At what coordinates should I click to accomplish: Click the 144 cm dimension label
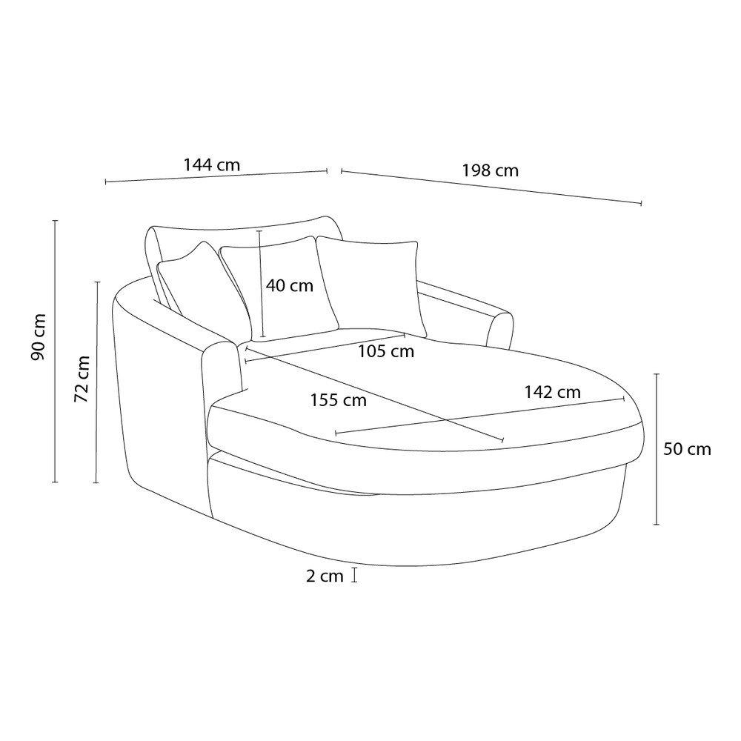point(212,165)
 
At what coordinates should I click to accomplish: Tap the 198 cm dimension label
point(490,170)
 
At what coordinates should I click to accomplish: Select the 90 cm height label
point(39,336)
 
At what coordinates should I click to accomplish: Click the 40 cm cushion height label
point(289,285)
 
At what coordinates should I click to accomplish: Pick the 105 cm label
point(385,351)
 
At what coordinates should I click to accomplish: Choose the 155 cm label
point(339,400)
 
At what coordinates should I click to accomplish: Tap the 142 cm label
point(553,392)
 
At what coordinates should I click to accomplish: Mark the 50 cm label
point(687,449)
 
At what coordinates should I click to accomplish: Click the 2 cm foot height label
point(325,576)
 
